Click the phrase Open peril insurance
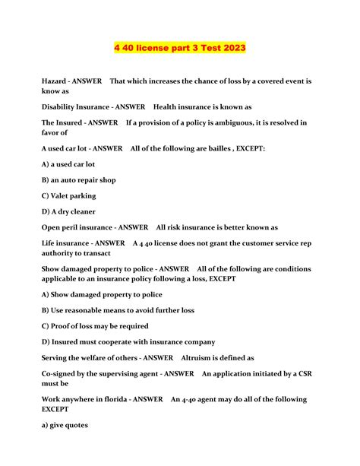(x=83, y=227)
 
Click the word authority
(x=63, y=253)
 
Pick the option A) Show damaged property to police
(x=102, y=294)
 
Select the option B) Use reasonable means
(x=118, y=310)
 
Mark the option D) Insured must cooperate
(x=128, y=342)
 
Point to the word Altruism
(x=201, y=357)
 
